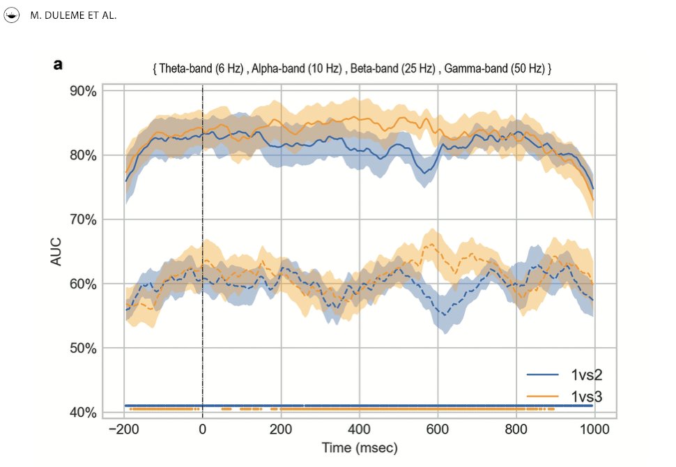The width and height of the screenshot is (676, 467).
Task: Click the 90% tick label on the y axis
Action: [x=81, y=91]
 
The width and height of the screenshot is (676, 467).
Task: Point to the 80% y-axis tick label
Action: [x=81, y=155]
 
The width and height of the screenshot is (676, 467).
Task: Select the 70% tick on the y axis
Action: [x=81, y=220]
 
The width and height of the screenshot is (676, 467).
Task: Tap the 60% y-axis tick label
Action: [x=81, y=284]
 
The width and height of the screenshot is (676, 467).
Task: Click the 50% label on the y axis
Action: [x=81, y=348]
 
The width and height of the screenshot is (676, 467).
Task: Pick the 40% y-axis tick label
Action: [x=81, y=413]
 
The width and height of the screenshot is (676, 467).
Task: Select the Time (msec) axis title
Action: [x=360, y=447]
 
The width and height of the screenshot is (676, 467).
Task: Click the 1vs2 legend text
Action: [x=586, y=376]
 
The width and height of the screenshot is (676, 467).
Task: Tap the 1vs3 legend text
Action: [x=586, y=397]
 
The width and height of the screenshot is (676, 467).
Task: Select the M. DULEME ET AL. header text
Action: [x=74, y=16]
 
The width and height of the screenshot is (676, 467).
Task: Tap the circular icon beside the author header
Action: [x=13, y=15]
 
